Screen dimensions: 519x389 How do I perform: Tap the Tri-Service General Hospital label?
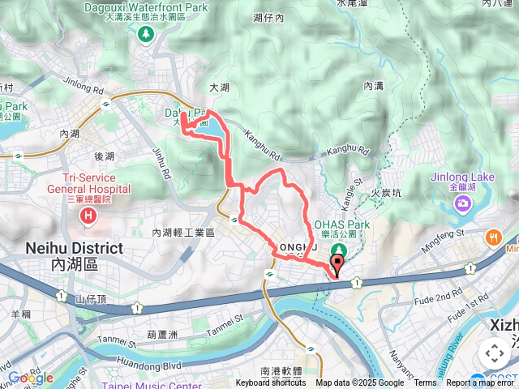point(96,183)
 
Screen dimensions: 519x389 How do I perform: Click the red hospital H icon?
point(88,216)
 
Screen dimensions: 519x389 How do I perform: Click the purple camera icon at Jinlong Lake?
point(462,203)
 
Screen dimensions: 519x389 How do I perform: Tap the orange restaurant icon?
point(495,237)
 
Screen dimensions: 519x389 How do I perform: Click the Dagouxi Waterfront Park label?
point(145,9)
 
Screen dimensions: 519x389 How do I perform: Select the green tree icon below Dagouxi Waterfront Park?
point(146,34)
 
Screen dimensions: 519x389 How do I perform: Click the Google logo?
point(30,378)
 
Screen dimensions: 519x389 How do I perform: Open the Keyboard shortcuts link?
point(271,383)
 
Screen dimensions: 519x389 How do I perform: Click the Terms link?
point(425,383)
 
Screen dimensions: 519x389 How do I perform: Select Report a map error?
point(482,383)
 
